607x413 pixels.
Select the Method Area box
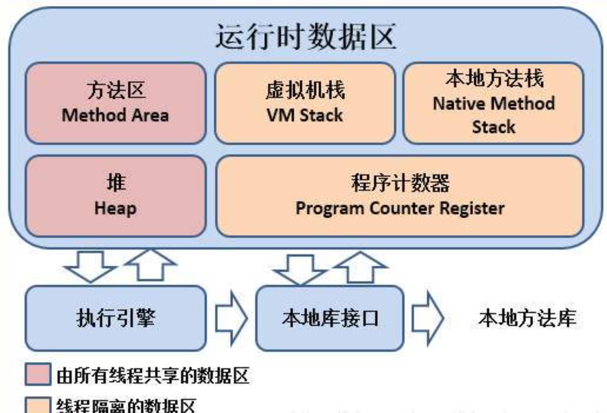click(x=115, y=103)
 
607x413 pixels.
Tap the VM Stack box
click(x=305, y=103)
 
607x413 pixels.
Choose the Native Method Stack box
click(x=493, y=103)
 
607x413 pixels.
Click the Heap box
click(x=115, y=196)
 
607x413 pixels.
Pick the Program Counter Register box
click(x=399, y=196)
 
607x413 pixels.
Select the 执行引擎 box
click(x=115, y=319)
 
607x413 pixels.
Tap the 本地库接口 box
click(x=329, y=319)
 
